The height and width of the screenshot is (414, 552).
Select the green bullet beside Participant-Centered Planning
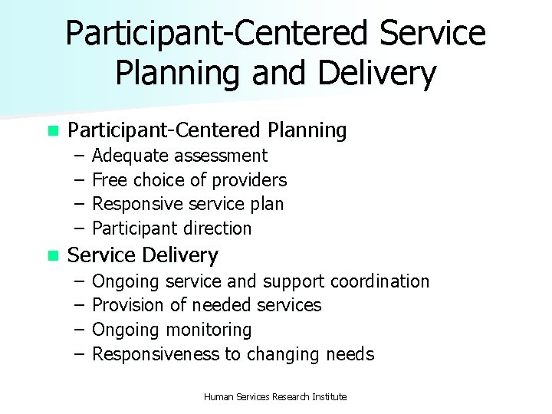pyautogui.click(x=52, y=132)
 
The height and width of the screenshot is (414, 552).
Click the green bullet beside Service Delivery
pyautogui.click(x=52, y=255)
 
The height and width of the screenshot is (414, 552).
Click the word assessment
pyautogui.click(x=221, y=156)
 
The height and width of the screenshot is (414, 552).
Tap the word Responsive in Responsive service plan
pyautogui.click(x=134, y=205)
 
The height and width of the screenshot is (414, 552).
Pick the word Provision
pyautogui.click(x=128, y=306)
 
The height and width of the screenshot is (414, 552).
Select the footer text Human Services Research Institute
pyautogui.click(x=275, y=396)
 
